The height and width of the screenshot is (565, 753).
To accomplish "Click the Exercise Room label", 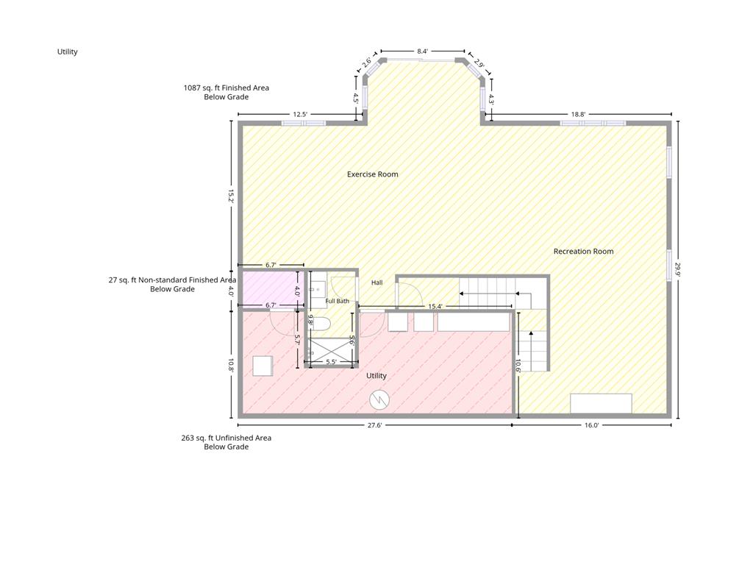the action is coord(373,174).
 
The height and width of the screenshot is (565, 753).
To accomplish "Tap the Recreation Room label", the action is coord(583,252).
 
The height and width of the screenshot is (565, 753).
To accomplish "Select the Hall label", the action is coord(377,282).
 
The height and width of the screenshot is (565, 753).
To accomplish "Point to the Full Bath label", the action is coord(337,301).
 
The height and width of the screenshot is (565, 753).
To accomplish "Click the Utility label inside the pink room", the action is coord(376,376).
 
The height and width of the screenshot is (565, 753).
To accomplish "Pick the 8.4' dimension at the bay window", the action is coord(422,51).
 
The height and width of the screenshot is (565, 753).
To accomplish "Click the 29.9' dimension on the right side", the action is coord(678,269).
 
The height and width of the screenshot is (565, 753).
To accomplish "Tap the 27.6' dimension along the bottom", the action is coord(374,425).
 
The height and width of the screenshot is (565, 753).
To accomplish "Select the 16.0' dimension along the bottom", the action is coord(592,425).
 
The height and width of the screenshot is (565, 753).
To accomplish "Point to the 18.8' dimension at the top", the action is coord(578,114).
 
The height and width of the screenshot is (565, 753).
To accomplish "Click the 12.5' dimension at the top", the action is coord(300,114).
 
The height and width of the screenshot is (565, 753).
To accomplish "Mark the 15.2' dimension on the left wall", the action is coord(230,196).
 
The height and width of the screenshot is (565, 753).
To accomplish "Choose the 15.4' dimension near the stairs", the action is coord(435,306).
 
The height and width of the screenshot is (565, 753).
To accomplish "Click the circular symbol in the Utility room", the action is coord(379,399).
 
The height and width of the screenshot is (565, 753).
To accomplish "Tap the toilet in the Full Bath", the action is coord(321,324).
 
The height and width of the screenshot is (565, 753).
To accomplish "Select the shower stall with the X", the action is coord(331,352).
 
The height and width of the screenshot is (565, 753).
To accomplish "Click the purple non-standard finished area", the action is coord(271,288).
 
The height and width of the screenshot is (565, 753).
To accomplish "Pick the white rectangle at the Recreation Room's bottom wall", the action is coord(601,404).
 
